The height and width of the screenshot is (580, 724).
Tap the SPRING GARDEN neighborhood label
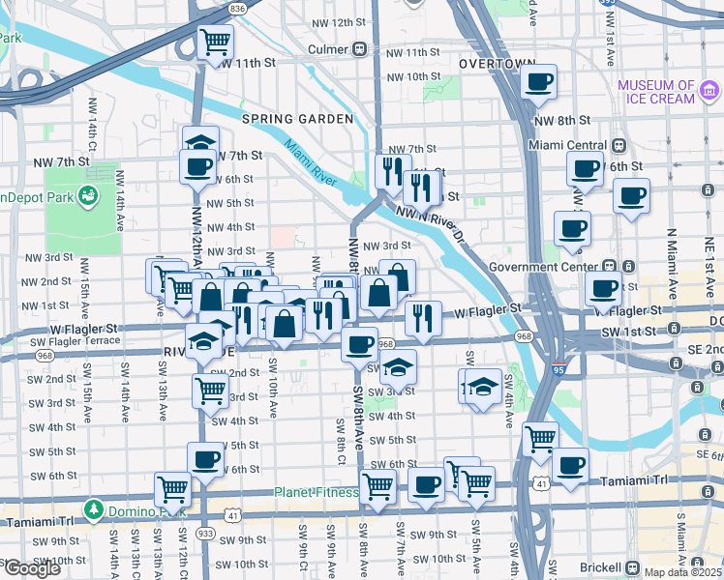(297, 119)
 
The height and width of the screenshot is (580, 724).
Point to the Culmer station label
(328, 49)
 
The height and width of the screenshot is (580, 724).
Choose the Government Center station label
(545, 267)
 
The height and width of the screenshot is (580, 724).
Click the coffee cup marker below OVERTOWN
(539, 81)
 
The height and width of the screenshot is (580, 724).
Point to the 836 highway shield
(238, 7)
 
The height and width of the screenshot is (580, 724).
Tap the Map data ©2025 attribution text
(681, 572)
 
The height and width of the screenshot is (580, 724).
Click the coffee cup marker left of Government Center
(571, 229)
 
